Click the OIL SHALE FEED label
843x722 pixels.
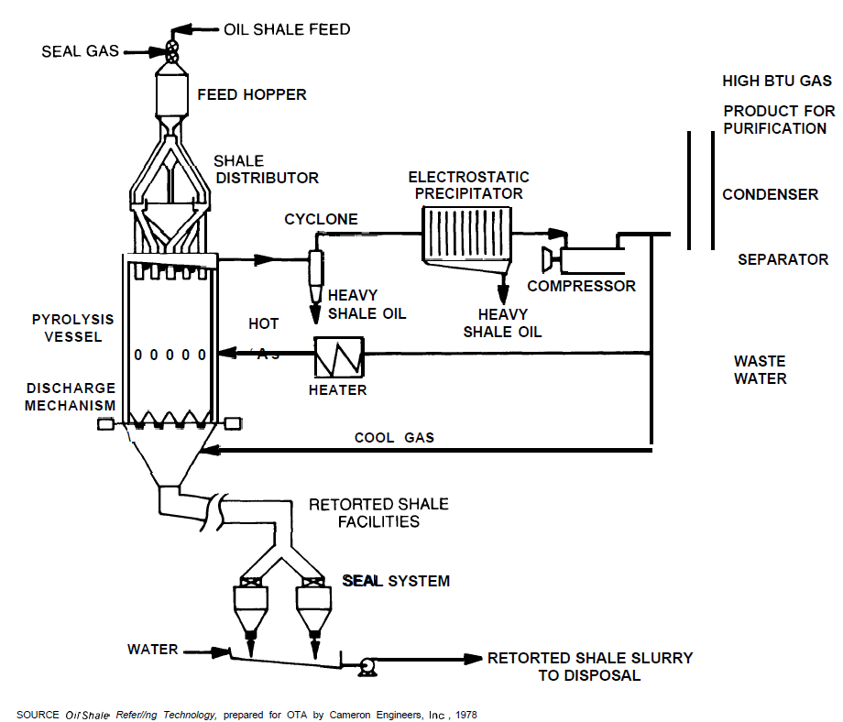[287, 29]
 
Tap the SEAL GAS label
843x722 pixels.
[81, 51]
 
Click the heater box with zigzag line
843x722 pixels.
[339, 356]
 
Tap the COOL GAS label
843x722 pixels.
[394, 438]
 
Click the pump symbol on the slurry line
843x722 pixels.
[368, 666]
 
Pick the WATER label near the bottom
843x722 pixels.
[153, 650]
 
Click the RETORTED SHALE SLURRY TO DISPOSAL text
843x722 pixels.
[589, 667]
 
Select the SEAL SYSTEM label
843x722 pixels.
[396, 581]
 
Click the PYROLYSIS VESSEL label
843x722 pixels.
[73, 328]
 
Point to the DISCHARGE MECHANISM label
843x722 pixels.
[71, 397]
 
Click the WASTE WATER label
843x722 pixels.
[760, 370]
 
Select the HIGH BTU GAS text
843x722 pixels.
[777, 82]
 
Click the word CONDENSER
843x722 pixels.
[770, 194]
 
